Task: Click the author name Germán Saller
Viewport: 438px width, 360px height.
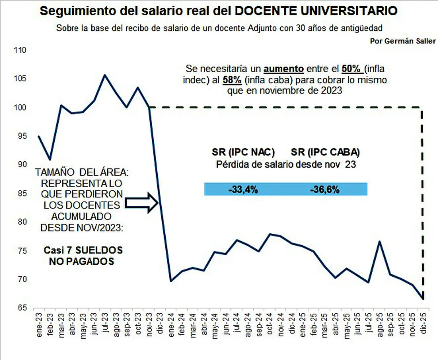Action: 403,41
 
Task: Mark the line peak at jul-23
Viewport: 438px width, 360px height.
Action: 105,75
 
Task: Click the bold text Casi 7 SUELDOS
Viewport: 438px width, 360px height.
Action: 83,251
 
